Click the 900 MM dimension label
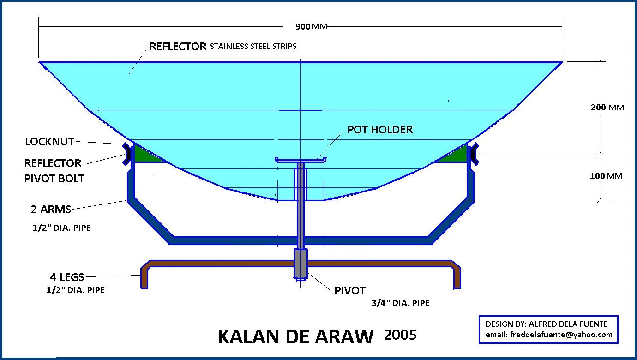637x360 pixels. tap(311, 26)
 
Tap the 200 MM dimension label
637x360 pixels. tap(607, 108)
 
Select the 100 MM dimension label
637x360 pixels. tap(606, 176)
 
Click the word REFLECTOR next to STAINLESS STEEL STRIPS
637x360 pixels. tap(177, 47)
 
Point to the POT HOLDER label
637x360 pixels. tap(380, 130)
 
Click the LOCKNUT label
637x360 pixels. tap(49, 142)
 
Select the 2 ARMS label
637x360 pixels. tap(51, 210)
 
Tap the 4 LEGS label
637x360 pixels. tap(67, 277)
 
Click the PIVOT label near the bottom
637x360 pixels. tap(350, 291)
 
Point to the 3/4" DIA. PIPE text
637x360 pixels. tap(400, 303)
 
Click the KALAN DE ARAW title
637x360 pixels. tap(295, 337)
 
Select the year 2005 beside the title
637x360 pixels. tap(400, 335)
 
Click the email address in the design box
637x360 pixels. tap(549, 335)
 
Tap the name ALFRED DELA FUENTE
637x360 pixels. tap(569, 324)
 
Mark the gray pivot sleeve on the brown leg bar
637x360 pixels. tap(300, 264)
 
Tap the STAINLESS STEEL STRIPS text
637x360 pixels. tap(253, 46)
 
